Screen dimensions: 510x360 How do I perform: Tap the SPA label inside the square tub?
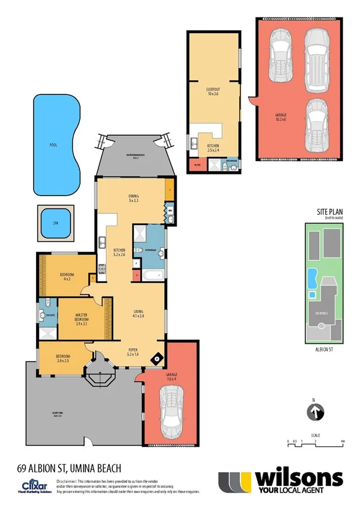pos(55,223)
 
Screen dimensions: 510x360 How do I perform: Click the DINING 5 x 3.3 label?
pos(133,198)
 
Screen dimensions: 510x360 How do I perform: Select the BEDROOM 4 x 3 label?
pos(66,276)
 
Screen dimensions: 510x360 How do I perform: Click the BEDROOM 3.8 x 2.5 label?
pos(63,358)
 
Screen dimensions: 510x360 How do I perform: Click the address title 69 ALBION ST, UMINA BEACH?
pos(70,468)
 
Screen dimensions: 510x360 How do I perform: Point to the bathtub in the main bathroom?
pos(150,275)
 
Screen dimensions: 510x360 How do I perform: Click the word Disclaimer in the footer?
pos(69,482)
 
